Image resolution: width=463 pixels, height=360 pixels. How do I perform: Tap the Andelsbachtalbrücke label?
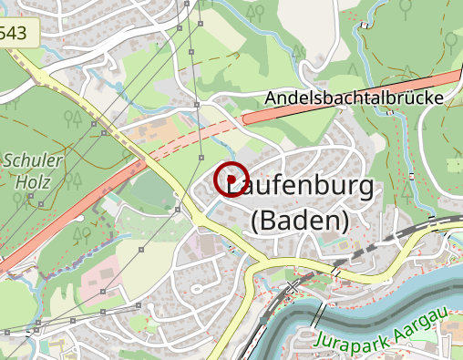pos(355,98)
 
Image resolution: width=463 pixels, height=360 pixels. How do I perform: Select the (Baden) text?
pos(300,220)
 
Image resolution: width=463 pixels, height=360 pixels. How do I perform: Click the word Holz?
pos(33,181)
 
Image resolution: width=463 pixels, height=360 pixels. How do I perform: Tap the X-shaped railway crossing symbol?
pos(293,286)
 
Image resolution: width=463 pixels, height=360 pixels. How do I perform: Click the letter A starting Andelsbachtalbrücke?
pos(271,98)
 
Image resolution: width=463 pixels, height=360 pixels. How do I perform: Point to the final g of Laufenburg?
pos(363,189)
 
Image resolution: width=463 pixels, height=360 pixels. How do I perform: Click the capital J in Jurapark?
pos(320,343)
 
